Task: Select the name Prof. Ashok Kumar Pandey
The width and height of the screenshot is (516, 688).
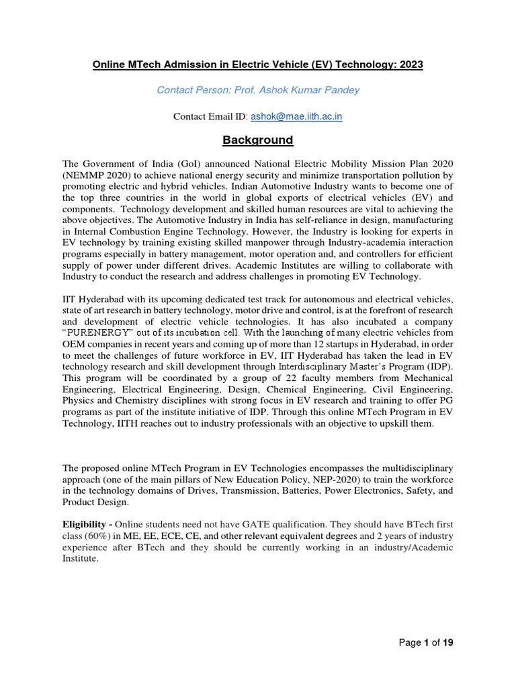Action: (306, 90)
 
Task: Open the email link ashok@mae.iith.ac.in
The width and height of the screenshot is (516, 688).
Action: (296, 116)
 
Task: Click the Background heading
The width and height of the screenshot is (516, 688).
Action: (258, 140)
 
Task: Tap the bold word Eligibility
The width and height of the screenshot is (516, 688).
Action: (85, 524)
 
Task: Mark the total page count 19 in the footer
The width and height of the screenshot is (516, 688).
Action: (448, 643)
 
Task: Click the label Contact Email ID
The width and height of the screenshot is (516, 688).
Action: (210, 116)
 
